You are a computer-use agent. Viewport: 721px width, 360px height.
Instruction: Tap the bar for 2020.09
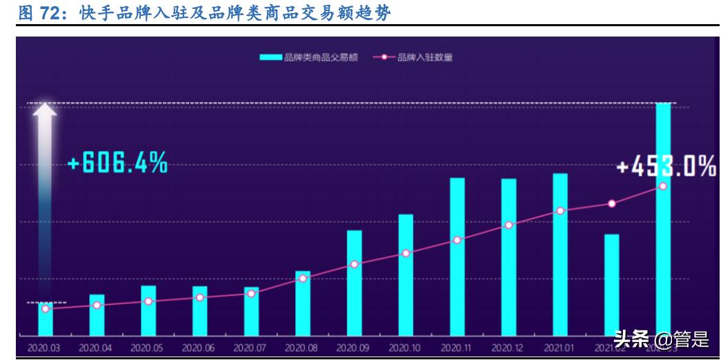(354, 283)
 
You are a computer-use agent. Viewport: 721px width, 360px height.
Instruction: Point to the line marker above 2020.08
(303, 278)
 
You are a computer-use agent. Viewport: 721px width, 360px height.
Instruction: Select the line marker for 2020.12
(508, 226)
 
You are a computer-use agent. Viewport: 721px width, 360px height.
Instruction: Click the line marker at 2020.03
(46, 309)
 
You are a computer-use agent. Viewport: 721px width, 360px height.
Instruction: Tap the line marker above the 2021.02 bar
(611, 203)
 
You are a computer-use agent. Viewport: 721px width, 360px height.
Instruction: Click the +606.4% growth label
(118, 163)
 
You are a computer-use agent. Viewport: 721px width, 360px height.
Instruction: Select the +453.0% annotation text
(666, 166)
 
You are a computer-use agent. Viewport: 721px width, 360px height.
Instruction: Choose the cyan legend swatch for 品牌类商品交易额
(271, 58)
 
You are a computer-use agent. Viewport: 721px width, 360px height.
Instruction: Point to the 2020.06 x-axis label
(200, 348)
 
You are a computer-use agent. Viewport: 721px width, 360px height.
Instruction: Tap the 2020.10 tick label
(406, 348)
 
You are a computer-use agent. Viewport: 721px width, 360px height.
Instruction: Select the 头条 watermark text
(631, 339)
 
